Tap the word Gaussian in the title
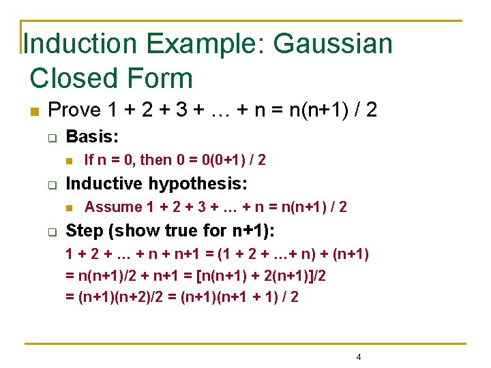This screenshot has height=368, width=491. (333, 44)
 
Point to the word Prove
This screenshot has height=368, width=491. (75, 110)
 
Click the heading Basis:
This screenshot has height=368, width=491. (92, 136)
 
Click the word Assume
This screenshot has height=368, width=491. (114, 207)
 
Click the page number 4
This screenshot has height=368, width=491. (359, 357)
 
